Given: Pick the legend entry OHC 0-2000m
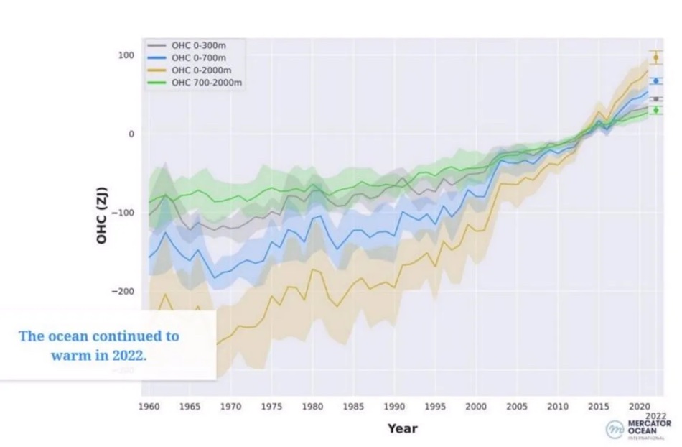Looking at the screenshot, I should [197, 70].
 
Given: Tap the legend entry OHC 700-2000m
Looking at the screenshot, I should [202, 83].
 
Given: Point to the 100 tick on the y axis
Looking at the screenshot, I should [126, 55].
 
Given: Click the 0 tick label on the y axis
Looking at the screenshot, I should [131, 134].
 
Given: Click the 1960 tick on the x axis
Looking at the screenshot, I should [149, 407].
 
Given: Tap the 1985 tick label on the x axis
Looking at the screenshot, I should [353, 407].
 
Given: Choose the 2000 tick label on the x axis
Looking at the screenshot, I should [476, 407].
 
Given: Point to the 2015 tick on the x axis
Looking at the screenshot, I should [599, 407].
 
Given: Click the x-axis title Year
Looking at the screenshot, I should [402, 428].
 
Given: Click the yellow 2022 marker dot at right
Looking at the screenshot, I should [656, 57].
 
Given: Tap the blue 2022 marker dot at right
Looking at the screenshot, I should [656, 81].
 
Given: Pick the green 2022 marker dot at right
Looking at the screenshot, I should [656, 110].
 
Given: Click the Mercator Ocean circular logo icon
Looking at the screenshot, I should [615, 429].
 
